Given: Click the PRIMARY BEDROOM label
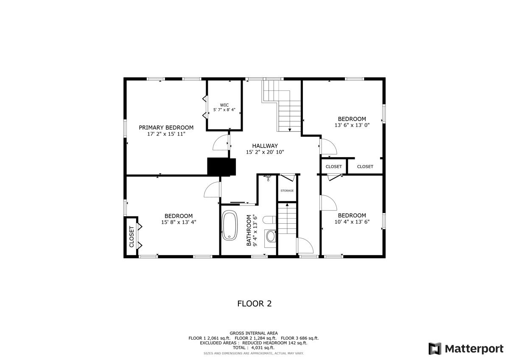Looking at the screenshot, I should coord(166,127).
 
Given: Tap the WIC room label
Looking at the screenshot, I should coord(224,105).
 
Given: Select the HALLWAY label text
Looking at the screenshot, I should coord(265,146).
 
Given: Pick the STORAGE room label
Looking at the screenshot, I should coord(287,191).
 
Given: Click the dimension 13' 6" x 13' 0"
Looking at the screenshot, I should coord(352,125).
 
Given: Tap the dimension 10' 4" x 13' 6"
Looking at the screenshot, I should coord(352,222).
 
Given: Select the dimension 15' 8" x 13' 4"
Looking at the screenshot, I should coord(179,222).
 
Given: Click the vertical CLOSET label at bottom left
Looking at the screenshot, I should coord(131,237).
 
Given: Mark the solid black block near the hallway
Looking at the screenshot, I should coord(221,167).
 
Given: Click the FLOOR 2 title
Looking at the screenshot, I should coord(254,304).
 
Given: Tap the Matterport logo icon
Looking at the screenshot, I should coord(435,349).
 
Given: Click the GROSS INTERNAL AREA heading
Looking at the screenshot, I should coord(254,333).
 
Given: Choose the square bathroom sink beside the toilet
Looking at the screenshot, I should coord(270,236).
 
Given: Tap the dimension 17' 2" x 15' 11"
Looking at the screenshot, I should coord(166,134).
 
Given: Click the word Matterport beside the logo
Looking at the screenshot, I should coord(474,349).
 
